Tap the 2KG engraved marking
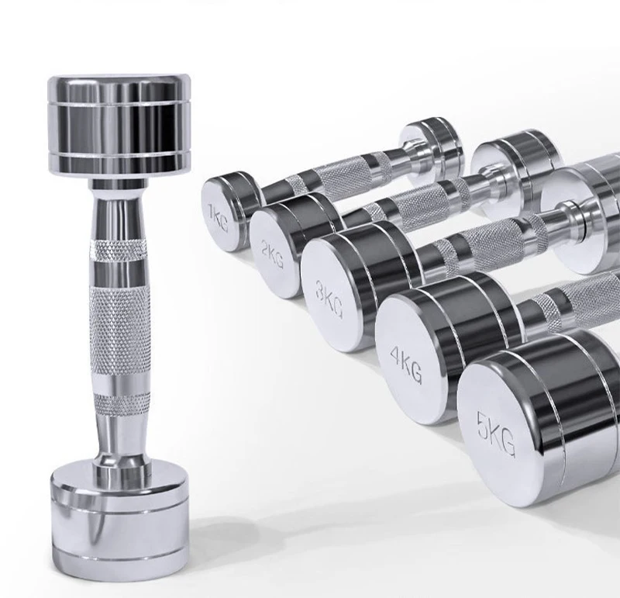point(273,254)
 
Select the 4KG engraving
point(406,364)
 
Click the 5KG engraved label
point(496,434)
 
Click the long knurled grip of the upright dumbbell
point(119,331)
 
